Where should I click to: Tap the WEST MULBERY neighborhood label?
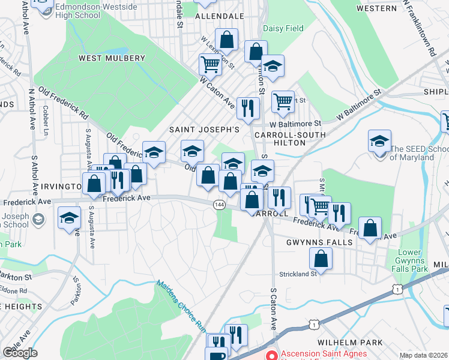tap(112, 58)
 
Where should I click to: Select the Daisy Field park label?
tap(283, 28)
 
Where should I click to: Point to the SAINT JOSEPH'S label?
tap(204, 129)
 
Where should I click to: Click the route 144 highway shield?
tap(219, 205)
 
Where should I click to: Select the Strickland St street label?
tap(298, 274)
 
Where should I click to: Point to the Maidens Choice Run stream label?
tap(181, 305)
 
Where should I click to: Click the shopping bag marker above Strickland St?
tap(321, 259)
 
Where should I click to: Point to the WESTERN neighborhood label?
tap(376, 8)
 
